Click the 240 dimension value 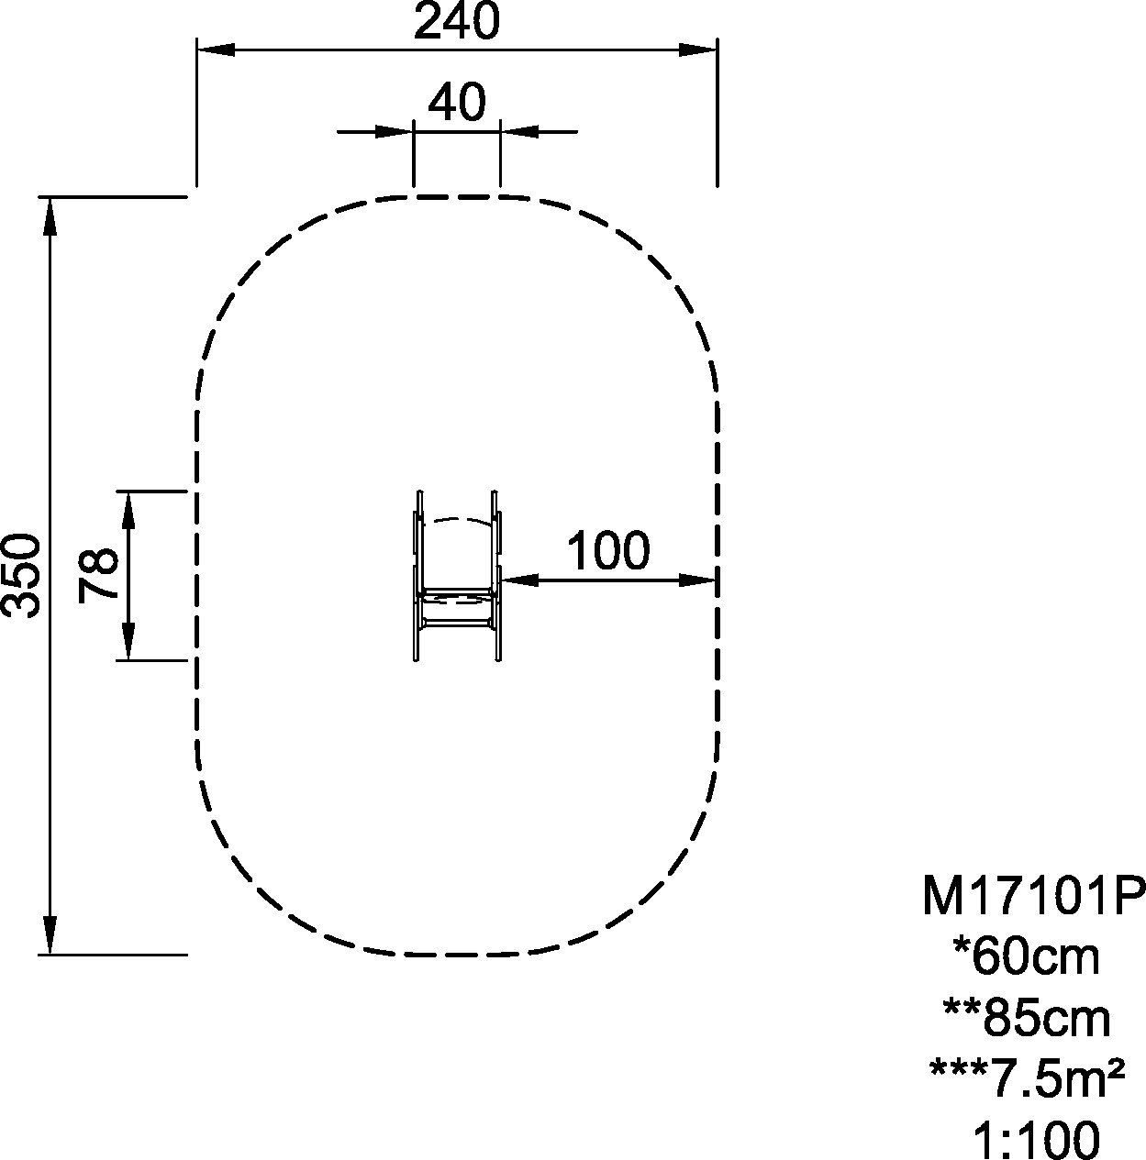pos(457,20)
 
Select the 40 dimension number pos(456,102)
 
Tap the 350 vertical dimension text pos(20,575)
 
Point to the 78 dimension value pos(97,575)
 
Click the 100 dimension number pos(608,550)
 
